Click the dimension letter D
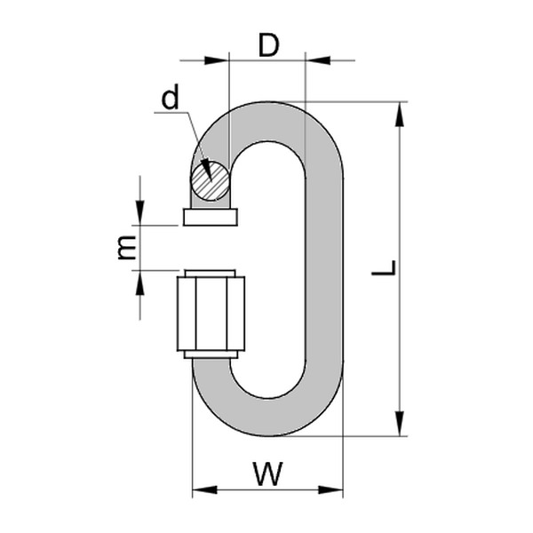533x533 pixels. point(268,45)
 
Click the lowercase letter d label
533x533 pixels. point(170,99)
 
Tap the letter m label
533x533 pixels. point(128,248)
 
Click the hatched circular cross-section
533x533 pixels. point(210,180)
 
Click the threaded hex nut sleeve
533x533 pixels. point(211,314)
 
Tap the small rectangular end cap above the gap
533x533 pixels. point(211,217)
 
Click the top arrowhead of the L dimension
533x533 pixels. point(401,112)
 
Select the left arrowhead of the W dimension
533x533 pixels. point(203,489)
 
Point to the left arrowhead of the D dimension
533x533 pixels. point(219,60)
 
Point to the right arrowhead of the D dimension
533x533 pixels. point(315,60)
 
